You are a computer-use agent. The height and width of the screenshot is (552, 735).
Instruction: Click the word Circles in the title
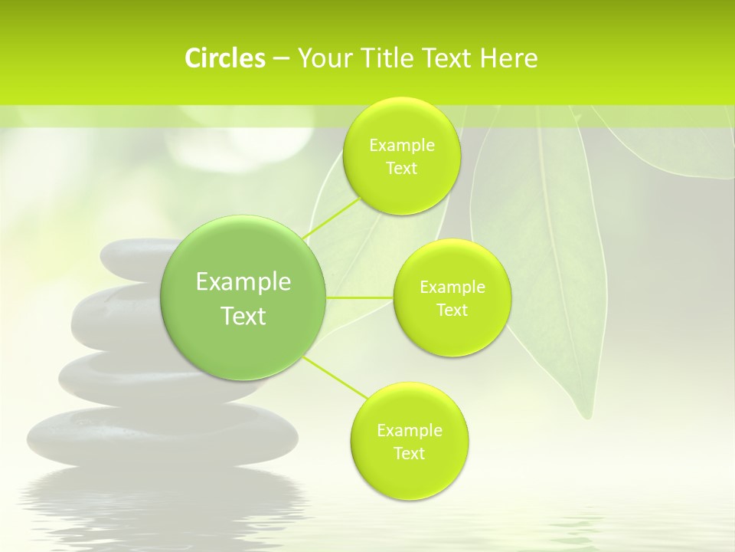pyautogui.click(x=224, y=58)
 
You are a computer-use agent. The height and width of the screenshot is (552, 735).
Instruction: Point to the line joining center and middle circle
pyautogui.click(x=360, y=297)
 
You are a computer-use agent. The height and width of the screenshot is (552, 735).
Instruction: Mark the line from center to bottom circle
pyautogui.click(x=335, y=376)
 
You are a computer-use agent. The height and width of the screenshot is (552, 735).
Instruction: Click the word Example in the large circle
pyautogui.click(x=243, y=282)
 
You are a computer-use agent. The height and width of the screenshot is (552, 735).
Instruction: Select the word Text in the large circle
pyautogui.click(x=243, y=316)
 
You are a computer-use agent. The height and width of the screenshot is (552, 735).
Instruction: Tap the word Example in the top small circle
pyautogui.click(x=402, y=145)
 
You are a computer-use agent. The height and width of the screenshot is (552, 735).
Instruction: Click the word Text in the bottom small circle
pyautogui.click(x=409, y=453)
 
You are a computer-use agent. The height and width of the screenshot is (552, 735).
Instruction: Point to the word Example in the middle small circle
pyautogui.click(x=452, y=287)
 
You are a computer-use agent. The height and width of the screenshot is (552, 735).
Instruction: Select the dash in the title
pyautogui.click(x=281, y=58)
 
